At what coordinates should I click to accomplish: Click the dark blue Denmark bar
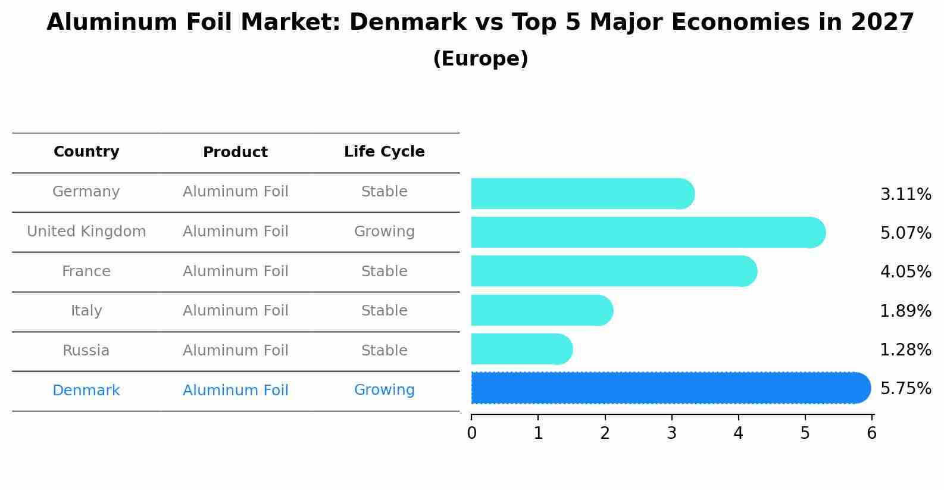click(x=667, y=388)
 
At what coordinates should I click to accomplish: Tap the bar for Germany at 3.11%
click(x=580, y=193)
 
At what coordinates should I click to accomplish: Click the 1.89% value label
click(x=905, y=311)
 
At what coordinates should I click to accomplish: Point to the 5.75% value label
click(x=905, y=389)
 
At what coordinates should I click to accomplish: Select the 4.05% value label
click(x=905, y=272)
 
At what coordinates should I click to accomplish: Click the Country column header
click(x=86, y=152)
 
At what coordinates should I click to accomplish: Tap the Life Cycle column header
click(x=384, y=152)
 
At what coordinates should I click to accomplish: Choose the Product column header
click(x=235, y=152)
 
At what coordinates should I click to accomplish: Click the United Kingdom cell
click(x=86, y=232)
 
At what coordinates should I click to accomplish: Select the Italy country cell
click(x=86, y=311)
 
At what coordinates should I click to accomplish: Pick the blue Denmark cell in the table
click(x=86, y=391)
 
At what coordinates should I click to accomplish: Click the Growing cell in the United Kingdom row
click(x=384, y=232)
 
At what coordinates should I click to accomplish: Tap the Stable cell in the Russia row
click(x=384, y=351)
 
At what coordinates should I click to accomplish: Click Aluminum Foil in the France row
click(x=235, y=271)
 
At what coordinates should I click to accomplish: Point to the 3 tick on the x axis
click(x=671, y=433)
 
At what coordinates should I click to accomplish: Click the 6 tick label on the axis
click(x=871, y=433)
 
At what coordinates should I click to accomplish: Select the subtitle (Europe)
click(x=480, y=59)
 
